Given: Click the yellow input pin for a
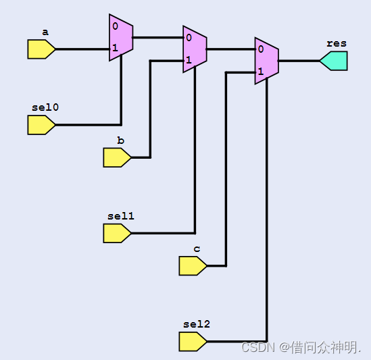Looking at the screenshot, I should [41, 49].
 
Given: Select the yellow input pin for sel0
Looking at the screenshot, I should [41, 125].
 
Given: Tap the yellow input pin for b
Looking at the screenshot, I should [116, 157].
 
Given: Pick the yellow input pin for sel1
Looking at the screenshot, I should [116, 233].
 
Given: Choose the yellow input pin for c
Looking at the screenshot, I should [192, 265].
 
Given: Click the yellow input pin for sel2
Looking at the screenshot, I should [192, 341].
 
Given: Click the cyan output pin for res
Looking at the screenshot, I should [334, 61].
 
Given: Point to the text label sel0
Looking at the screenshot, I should [45, 107].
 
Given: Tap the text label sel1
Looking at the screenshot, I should [120, 215].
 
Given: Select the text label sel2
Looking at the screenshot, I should [196, 324].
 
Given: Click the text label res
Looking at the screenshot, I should [336, 43].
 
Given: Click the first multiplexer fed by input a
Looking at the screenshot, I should [120, 38].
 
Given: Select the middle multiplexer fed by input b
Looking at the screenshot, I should [195, 49].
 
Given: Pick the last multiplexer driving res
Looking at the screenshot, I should [266, 61].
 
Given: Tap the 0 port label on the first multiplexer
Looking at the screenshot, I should [116, 26].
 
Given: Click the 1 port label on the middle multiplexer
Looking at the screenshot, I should [189, 60].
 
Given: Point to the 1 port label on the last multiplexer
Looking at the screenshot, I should [260, 71].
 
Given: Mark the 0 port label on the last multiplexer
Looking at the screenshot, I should [260, 49].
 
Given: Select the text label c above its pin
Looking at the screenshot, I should [197, 249].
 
